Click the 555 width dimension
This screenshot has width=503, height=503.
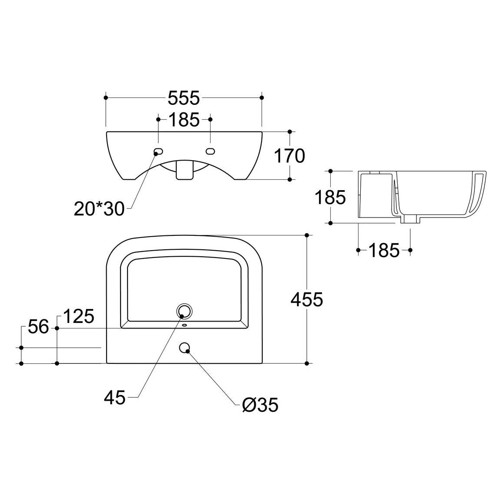point(184,98)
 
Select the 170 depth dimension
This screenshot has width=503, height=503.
point(289,156)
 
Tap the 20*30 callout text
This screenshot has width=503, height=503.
point(99,209)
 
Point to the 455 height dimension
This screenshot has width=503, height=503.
point(307,300)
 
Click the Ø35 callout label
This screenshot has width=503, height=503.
point(260,405)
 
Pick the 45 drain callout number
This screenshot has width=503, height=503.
point(114,398)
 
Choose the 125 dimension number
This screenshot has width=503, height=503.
point(79,316)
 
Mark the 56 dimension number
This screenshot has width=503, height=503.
point(38,327)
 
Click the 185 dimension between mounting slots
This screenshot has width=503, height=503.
point(184,120)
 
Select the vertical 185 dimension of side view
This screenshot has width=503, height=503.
point(330,197)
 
